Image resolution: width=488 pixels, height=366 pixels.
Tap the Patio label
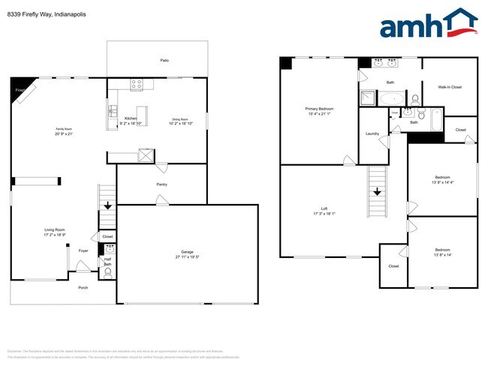point(164,60)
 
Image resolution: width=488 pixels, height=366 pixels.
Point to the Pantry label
point(161,184)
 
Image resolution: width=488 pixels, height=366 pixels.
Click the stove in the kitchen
point(137,85)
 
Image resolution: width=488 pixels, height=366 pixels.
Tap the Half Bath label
point(107,261)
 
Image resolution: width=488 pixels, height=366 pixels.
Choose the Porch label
point(83,287)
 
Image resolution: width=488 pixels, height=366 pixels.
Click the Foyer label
point(83,250)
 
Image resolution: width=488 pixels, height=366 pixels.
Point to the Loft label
point(324,209)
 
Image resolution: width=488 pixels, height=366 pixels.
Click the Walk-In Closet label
point(449,87)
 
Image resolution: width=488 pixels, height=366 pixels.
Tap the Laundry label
point(372,133)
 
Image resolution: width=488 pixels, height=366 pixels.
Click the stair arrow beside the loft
point(377,190)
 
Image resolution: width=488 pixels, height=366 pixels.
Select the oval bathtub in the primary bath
point(391,97)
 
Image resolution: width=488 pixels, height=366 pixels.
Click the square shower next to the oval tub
point(367,97)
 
